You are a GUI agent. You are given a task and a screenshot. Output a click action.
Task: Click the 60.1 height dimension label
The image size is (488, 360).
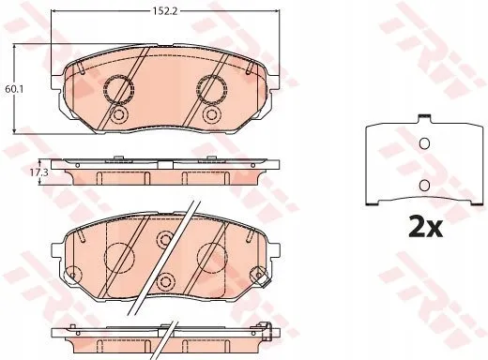10,89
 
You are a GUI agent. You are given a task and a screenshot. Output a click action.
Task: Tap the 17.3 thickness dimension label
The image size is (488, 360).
43,172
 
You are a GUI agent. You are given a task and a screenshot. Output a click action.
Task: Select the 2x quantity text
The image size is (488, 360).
425,229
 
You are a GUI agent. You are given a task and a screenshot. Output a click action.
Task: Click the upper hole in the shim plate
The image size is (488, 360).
424,143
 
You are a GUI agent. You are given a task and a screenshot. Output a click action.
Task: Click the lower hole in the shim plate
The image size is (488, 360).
424,186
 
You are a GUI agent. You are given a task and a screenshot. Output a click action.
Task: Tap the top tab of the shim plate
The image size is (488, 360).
425,118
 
